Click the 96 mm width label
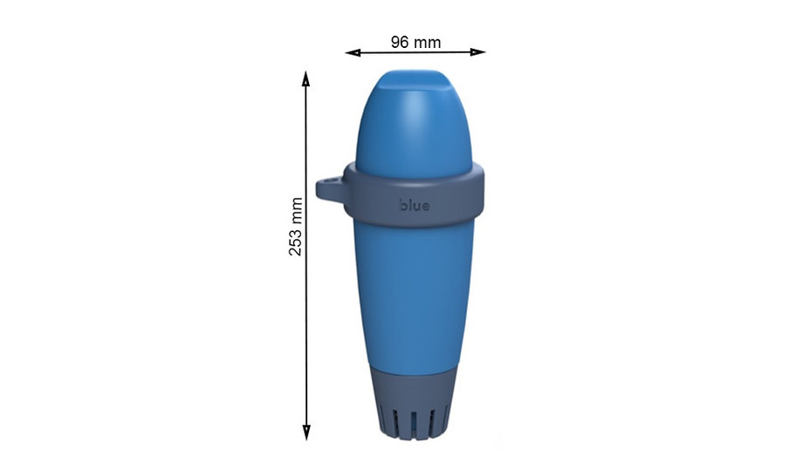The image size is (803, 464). [415, 42]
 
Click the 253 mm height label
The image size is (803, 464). [296, 226]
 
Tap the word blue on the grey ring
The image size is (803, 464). [415, 206]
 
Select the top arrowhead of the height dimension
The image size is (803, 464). [305, 78]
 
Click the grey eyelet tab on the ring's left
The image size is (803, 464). [330, 188]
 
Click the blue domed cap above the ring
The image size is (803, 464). [415, 122]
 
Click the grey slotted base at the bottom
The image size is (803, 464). [415, 401]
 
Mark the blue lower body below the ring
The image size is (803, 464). [415, 288]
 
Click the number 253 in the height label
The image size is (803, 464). [296, 239]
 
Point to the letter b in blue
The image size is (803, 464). [403, 206]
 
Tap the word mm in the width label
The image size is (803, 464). [428, 42]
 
